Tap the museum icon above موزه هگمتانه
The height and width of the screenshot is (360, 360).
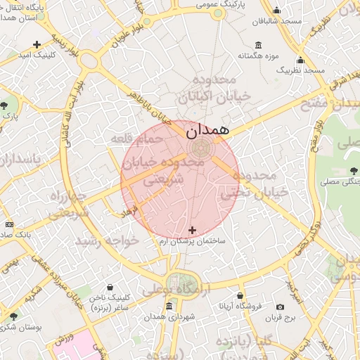(259, 44)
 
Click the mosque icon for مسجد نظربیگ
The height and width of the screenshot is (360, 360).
(300, 60)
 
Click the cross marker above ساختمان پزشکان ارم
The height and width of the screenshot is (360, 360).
(193, 230)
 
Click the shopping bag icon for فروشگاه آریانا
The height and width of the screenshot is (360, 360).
(240, 296)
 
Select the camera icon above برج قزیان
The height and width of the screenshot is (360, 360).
(281, 307)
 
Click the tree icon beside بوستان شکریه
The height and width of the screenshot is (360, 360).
(12, 316)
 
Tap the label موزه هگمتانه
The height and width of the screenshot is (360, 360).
(259, 55)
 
